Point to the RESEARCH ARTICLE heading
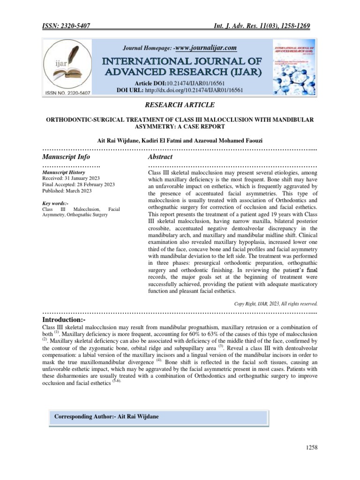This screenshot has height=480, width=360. pyautogui.click(x=180, y=105)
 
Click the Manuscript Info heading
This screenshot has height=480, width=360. pyautogui.click(x=66, y=157)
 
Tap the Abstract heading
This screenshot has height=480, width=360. pyautogui.click(x=160, y=157)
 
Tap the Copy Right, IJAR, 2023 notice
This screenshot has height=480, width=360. pyautogui.click(x=276, y=303)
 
